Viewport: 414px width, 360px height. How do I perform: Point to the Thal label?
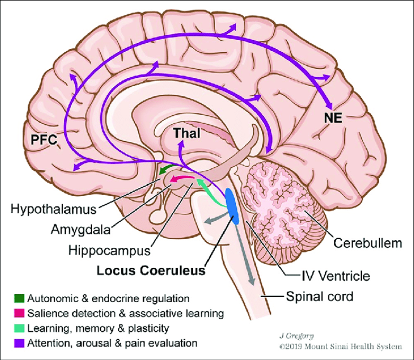click(x=187, y=134)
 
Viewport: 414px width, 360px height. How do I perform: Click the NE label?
click(x=333, y=118)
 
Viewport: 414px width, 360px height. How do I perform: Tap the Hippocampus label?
click(x=110, y=250)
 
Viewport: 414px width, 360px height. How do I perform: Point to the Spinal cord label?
click(x=320, y=297)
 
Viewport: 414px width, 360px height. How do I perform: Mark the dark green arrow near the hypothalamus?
click(x=167, y=169)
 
